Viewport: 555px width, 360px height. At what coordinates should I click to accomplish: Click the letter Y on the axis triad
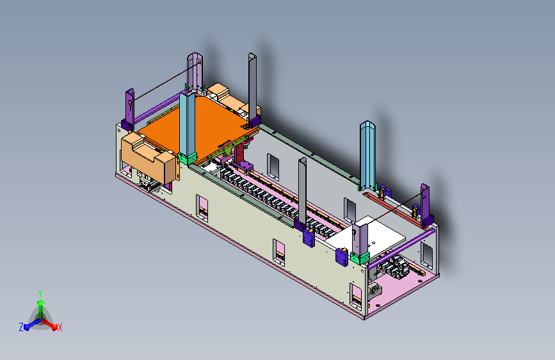pos(40,293)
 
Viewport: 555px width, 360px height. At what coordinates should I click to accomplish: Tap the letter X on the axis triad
pos(60,327)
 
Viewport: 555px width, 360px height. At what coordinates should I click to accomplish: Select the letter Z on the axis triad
pos(21,327)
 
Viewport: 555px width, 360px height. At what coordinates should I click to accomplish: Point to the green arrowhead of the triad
pos(41,302)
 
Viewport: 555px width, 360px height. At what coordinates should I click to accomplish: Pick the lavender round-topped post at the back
pos(195,72)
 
